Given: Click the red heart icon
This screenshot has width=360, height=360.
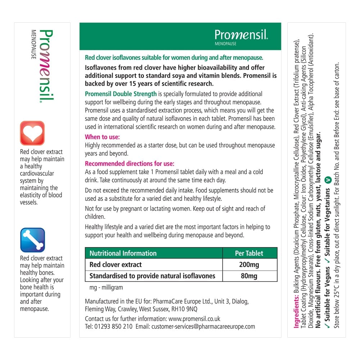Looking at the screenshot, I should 32,133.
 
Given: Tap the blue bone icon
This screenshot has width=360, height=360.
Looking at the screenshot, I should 32,240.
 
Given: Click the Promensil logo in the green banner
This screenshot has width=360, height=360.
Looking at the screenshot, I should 241,35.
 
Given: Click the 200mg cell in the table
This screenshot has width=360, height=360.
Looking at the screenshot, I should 249,265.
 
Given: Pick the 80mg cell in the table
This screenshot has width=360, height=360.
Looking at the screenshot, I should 249,276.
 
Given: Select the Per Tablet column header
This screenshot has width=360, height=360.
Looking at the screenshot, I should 249,253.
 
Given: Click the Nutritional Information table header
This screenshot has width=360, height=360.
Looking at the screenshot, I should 123,253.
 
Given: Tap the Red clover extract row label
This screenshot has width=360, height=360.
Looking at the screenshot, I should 116,265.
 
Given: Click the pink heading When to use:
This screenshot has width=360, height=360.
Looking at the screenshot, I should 102,137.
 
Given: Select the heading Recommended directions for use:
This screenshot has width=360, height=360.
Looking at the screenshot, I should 130,163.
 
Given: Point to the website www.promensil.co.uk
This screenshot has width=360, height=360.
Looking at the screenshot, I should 194,319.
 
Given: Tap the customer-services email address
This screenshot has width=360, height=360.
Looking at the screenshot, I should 203,327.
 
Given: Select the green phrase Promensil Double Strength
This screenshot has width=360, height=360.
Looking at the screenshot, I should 121,94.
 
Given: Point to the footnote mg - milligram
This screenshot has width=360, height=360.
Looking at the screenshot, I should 106,288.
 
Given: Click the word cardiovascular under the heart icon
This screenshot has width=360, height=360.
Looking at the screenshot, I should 37,174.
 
